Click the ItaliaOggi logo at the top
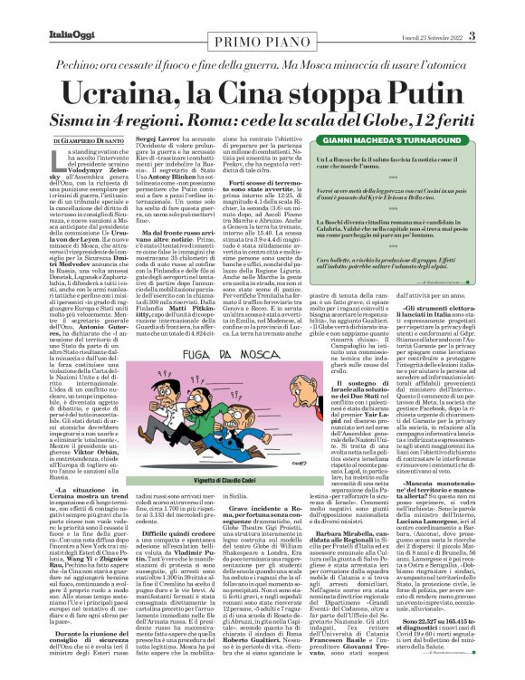(43, 10)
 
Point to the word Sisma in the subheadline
(85, 107)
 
